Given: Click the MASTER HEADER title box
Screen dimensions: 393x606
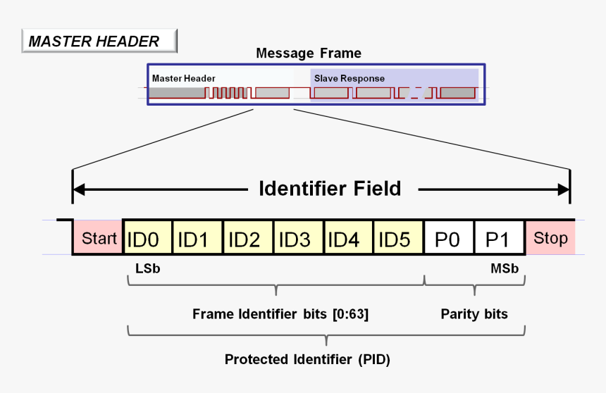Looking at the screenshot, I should click(99, 42).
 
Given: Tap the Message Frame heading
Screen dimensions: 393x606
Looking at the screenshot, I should click(309, 54).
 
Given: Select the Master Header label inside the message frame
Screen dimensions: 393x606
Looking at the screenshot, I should click(184, 78).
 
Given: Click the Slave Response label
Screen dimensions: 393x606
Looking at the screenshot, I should click(350, 78).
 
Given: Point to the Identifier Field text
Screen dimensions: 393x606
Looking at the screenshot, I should click(330, 189).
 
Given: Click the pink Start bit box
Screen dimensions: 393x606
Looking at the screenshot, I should click(98, 238).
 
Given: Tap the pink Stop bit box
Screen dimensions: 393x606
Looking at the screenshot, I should click(550, 238).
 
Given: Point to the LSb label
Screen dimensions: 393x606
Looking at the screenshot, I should click(142, 268).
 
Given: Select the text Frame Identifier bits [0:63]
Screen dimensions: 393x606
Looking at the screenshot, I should click(280, 314).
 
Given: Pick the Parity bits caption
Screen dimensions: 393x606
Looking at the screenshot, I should click(474, 314).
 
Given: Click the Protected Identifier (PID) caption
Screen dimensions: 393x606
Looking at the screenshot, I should click(307, 359).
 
